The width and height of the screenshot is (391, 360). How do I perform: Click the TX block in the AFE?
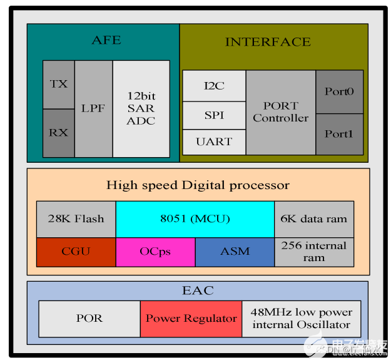click(x=58, y=85)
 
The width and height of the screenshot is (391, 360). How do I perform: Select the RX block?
click(x=58, y=133)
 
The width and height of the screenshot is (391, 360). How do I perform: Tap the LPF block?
click(x=93, y=108)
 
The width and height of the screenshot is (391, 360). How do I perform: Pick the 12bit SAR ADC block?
click(x=141, y=108)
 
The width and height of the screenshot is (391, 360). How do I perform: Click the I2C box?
click(x=214, y=86)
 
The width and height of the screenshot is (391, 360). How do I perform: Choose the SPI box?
click(x=214, y=115)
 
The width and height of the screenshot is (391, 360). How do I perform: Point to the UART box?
click(x=214, y=142)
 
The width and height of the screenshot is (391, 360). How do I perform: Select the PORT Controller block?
click(x=280, y=112)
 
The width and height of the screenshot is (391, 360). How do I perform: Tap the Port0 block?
click(x=339, y=91)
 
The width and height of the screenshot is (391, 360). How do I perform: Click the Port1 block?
click(x=339, y=134)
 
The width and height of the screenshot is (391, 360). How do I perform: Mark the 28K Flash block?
click(x=76, y=219)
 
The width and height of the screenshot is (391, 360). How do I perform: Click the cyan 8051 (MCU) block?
click(x=195, y=219)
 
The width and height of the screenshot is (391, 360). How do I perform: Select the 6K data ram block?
click(x=314, y=219)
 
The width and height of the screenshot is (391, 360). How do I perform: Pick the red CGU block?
click(x=76, y=252)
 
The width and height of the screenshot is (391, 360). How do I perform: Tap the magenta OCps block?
click(x=155, y=252)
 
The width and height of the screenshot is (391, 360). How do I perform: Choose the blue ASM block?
click(x=235, y=252)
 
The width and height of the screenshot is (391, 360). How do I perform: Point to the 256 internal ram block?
click(x=314, y=252)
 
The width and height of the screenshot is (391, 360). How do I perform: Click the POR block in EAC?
click(x=89, y=319)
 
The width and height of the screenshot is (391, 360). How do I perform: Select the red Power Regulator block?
click(x=191, y=319)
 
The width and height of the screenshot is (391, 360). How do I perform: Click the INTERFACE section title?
click(x=268, y=42)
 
